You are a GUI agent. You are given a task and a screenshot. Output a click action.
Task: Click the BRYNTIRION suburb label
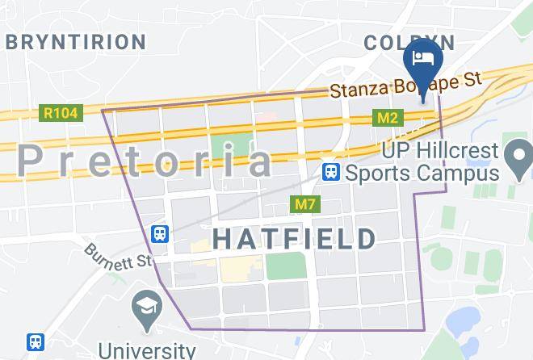coord(77,41)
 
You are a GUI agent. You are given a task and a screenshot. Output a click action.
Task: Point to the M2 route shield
coord(388,119)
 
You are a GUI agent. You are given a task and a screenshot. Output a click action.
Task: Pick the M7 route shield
coord(304,204)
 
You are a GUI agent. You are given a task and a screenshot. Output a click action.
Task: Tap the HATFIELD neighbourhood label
coord(295,238)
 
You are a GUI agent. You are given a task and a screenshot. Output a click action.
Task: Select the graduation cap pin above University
coord(146,310)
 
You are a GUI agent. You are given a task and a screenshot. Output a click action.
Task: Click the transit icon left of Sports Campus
coord(329,172)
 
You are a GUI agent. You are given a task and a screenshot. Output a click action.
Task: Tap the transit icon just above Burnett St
coord(160,234)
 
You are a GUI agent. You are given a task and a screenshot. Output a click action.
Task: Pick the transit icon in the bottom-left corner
coord(35,342)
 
